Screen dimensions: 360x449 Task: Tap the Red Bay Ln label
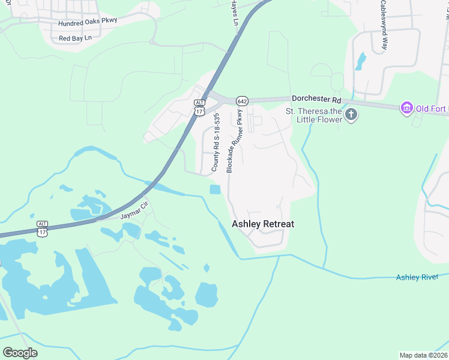[x=75, y=38]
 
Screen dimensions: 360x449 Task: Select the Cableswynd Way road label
[x=383, y=25]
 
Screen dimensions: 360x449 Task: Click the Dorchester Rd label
[x=316, y=99]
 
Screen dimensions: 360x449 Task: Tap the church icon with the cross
[x=351, y=115]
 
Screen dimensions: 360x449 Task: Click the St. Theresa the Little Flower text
[x=313, y=115]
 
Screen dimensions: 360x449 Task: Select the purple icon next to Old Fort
[x=406, y=108]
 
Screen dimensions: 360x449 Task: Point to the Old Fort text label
[x=432, y=108]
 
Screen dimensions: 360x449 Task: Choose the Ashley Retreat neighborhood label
[x=263, y=224]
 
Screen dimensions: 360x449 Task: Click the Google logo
[x=20, y=352]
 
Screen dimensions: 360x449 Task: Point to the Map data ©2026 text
[x=424, y=355]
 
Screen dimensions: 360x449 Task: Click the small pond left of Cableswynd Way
[x=360, y=61]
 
